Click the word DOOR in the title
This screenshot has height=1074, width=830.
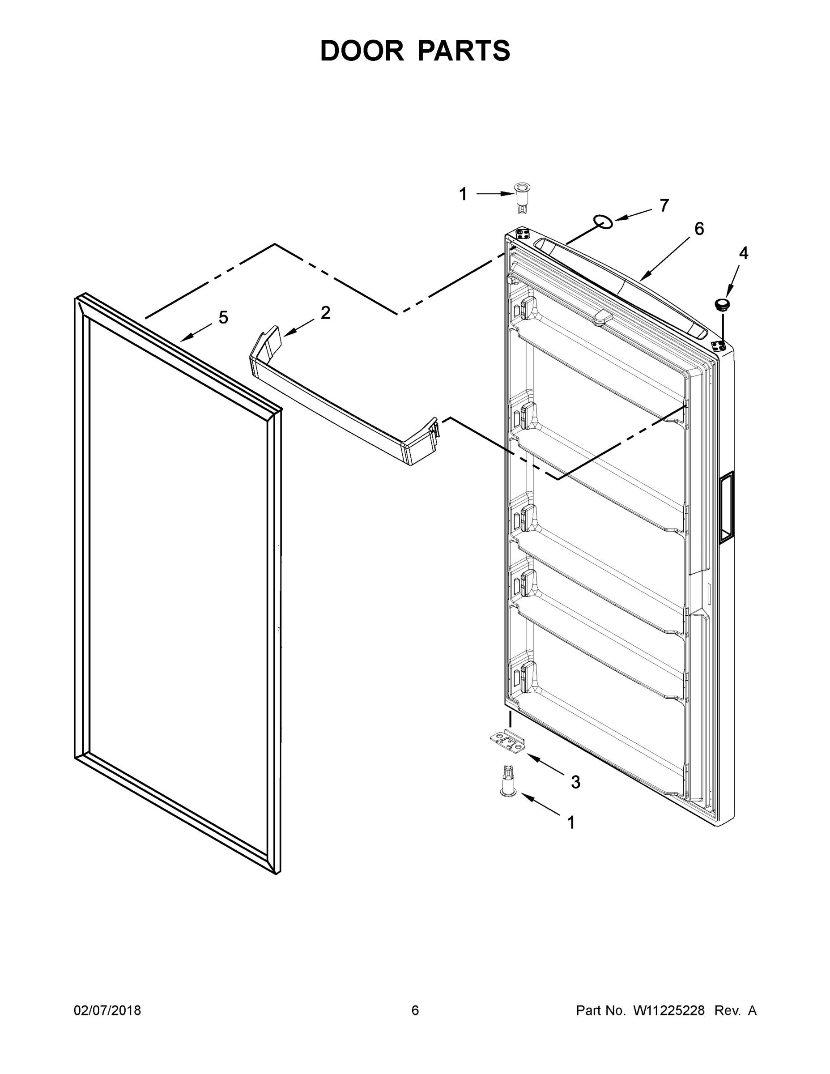(362, 51)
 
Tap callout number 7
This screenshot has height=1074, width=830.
(664, 205)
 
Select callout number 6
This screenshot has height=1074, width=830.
(699, 229)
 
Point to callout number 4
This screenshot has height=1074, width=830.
(744, 253)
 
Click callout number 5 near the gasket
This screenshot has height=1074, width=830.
(223, 318)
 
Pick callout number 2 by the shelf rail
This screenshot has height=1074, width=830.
(325, 313)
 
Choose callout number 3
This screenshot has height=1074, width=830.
(575, 782)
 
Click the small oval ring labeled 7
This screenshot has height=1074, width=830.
(603, 222)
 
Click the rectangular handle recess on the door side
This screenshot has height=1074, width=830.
(726, 507)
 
